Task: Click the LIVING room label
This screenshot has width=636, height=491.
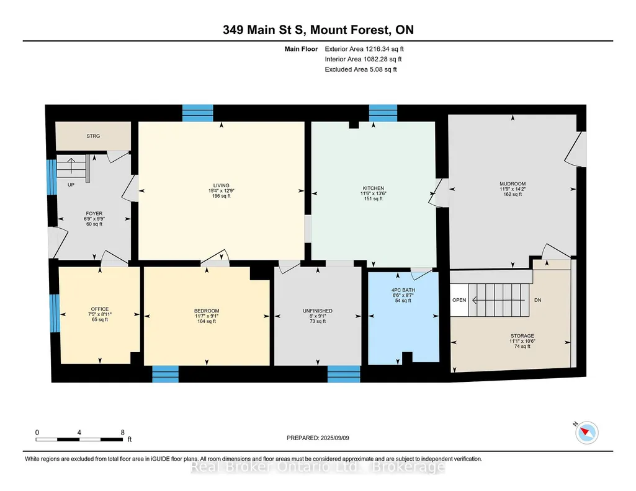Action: point(222,185)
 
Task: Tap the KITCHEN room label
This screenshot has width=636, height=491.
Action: point(373,188)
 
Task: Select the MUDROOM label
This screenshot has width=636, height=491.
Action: point(513,184)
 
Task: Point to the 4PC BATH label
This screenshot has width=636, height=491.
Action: point(403,290)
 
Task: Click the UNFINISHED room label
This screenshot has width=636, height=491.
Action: point(318,311)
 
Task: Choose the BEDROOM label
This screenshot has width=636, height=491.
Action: point(207,311)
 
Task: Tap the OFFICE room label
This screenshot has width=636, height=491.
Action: point(100,309)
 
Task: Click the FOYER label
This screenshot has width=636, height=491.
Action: point(94,213)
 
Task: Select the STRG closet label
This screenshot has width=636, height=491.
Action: point(93,136)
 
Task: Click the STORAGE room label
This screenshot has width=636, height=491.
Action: point(522,336)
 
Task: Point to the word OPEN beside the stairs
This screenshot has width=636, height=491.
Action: point(459,300)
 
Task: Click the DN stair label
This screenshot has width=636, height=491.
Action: point(538,300)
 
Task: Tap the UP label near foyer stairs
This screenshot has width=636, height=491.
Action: point(71,185)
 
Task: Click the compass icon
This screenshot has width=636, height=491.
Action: point(586,433)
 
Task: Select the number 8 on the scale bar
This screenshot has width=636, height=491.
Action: point(122,433)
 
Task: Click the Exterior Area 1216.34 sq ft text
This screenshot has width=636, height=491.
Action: point(364,49)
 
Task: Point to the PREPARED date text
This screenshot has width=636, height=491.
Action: point(318,438)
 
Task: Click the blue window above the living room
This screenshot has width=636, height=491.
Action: point(197,113)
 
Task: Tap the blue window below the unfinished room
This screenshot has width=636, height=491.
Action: point(344,374)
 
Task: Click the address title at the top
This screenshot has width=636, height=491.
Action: point(318,30)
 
